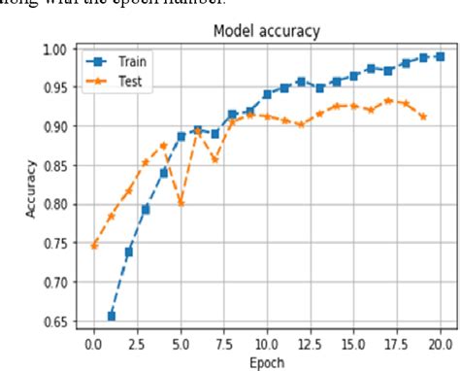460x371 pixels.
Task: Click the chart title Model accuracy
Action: pos(266,31)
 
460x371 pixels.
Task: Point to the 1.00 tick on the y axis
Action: pos(57,49)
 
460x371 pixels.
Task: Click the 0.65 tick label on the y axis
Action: pos(57,321)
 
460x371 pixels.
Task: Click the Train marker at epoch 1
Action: pos(112,316)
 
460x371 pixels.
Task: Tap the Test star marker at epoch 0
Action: pos(94,246)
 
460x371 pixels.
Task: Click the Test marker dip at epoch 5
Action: pos(181,202)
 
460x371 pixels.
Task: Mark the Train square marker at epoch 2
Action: pos(129,252)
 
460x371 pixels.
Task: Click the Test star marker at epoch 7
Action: pos(214,158)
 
